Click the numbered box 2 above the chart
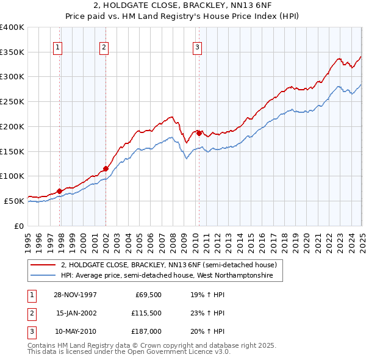(104, 47)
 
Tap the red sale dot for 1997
(60, 191)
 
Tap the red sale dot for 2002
(106, 168)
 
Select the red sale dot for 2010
(199, 132)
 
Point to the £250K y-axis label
(13, 101)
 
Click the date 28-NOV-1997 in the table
(76, 294)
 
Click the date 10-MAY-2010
(76, 331)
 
